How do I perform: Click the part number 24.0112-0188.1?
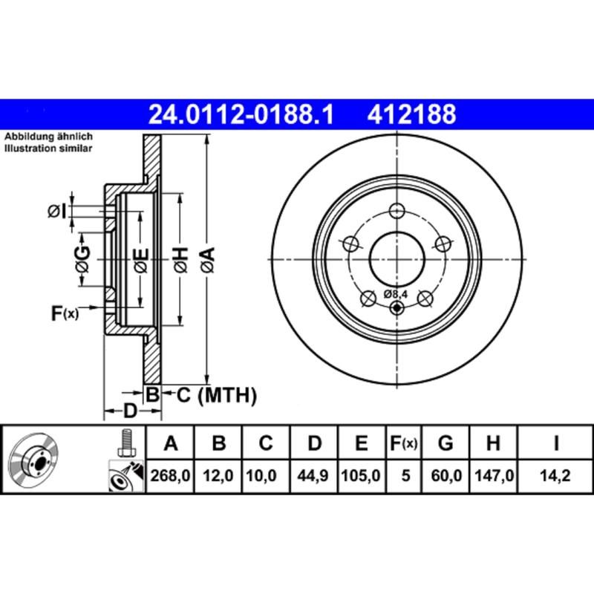(x=241, y=114)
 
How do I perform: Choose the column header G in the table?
(x=446, y=444)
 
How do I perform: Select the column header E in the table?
(x=361, y=444)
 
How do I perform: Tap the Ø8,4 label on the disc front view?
(x=396, y=295)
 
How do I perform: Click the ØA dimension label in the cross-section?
(x=207, y=259)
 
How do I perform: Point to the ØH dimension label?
(x=180, y=259)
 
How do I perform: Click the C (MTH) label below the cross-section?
(x=216, y=395)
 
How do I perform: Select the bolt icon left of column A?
(x=125, y=444)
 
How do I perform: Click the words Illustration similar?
(x=49, y=148)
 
